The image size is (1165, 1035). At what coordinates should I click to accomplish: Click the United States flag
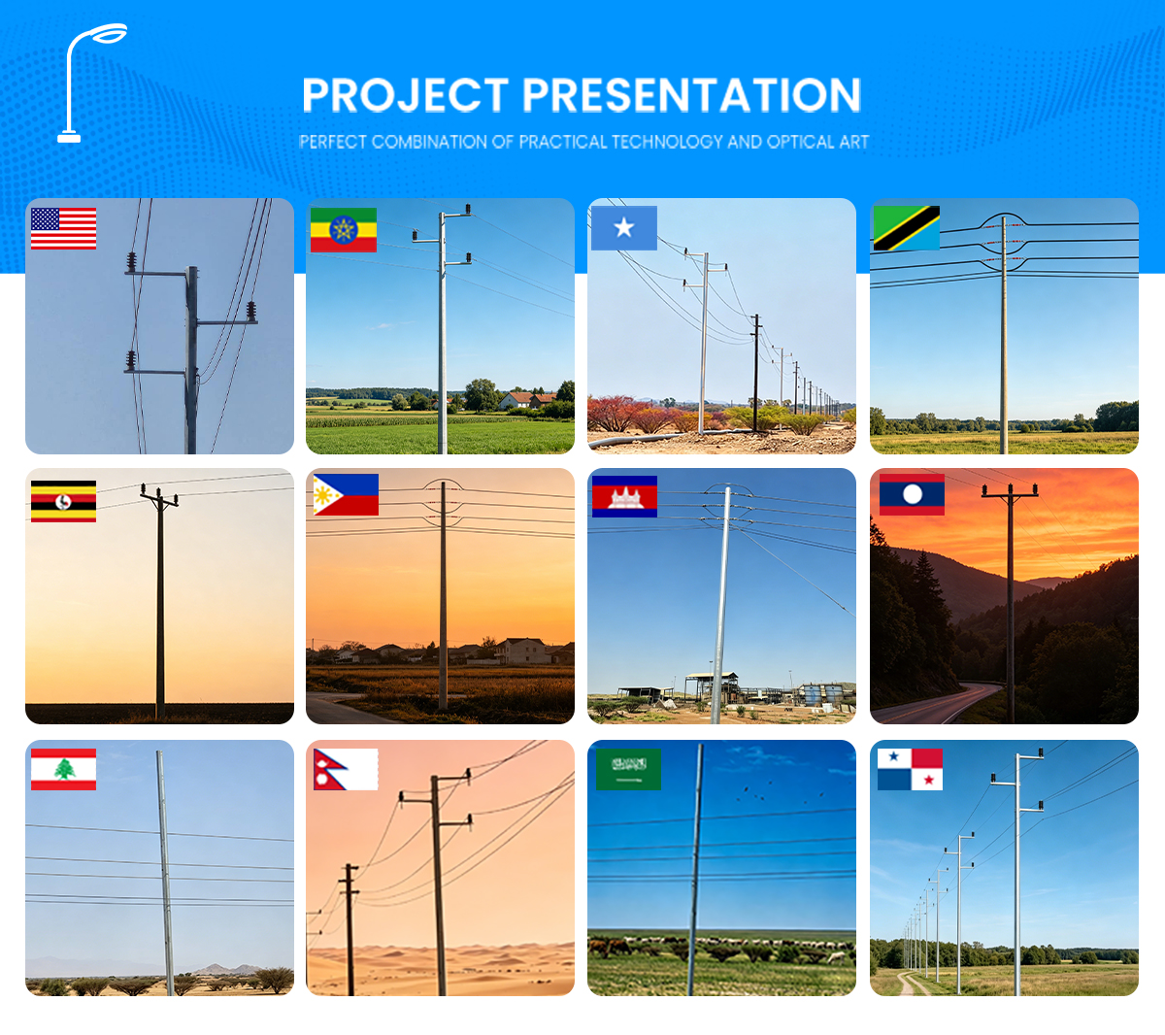tap(63, 228)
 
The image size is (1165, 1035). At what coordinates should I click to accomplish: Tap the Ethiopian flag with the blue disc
tap(343, 229)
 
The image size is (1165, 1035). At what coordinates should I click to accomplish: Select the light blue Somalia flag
tap(624, 228)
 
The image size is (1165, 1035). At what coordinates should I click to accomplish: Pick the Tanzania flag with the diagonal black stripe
tap(906, 228)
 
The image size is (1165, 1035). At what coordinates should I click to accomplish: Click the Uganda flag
tap(63, 501)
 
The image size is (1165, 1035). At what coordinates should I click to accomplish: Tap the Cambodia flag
tap(624, 496)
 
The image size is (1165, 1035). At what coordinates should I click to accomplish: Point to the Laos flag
tap(912, 494)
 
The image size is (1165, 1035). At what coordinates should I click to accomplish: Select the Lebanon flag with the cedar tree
tap(63, 769)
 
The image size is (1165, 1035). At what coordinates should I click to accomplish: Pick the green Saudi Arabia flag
tap(628, 768)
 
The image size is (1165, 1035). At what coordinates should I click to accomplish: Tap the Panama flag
tap(910, 768)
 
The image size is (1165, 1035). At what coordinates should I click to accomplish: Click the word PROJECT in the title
tap(405, 95)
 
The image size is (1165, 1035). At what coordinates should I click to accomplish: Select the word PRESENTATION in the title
tap(691, 95)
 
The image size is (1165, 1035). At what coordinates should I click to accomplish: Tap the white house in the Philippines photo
tap(523, 651)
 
